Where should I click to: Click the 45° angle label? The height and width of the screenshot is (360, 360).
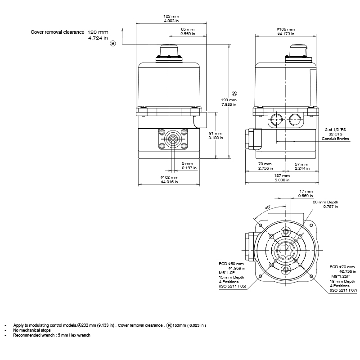click(267, 207)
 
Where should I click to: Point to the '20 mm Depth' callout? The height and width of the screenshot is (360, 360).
click(325, 202)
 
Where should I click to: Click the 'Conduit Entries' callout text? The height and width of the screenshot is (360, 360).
click(335, 139)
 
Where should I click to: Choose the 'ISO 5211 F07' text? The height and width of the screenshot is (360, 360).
click(343, 290)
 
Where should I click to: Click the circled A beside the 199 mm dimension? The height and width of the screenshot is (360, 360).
click(234, 93)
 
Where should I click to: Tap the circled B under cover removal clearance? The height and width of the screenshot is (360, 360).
click(113, 44)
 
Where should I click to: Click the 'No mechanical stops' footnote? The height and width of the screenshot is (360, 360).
click(31, 330)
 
